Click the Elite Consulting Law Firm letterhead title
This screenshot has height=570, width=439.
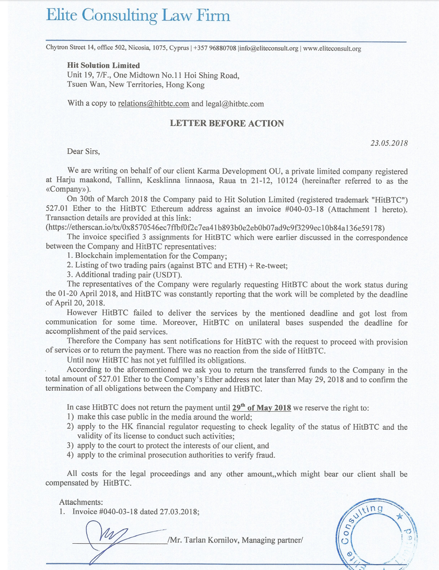(138, 15)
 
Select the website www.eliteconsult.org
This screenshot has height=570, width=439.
(332, 48)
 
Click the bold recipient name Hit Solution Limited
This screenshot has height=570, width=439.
(103, 65)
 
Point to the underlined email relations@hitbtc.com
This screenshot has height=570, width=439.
(153, 104)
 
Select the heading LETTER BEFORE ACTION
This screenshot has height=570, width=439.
(227, 123)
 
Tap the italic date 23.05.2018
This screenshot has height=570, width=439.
(389, 143)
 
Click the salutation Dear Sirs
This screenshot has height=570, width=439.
(83, 152)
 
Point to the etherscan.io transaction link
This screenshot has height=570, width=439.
(215, 228)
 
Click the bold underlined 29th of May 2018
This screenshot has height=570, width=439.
(261, 408)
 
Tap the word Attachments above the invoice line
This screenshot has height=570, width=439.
(81, 502)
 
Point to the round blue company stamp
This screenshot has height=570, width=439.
(376, 535)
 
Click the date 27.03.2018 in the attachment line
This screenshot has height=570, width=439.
(179, 512)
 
